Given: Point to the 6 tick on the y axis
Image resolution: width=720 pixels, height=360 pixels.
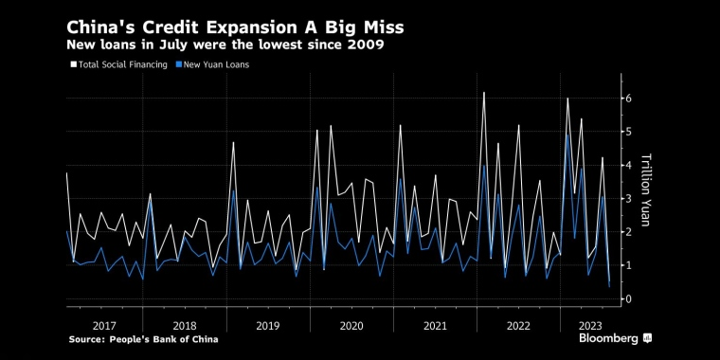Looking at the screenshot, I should click(x=625, y=99).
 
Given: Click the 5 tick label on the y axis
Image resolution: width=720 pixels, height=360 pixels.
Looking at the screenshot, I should click(x=625, y=132).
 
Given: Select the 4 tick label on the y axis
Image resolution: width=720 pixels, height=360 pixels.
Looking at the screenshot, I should click(x=625, y=165).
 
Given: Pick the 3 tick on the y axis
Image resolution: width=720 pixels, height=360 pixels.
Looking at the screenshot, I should click(x=625, y=199).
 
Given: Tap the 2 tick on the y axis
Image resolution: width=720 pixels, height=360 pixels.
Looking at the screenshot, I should click(x=625, y=232).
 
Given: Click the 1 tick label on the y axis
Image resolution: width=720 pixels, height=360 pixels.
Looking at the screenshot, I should click(x=625, y=265).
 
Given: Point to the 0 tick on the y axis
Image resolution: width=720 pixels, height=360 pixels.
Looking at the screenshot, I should click(x=625, y=299).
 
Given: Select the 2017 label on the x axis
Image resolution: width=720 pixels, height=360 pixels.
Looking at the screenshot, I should click(x=103, y=324).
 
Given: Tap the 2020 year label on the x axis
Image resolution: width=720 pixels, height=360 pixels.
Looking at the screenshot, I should click(x=351, y=324).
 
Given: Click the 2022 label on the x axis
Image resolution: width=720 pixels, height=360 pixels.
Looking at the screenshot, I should click(x=517, y=324).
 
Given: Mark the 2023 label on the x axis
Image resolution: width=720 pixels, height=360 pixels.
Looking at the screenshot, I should click(x=587, y=324).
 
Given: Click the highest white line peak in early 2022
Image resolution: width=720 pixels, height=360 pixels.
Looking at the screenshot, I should click(x=484, y=93).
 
